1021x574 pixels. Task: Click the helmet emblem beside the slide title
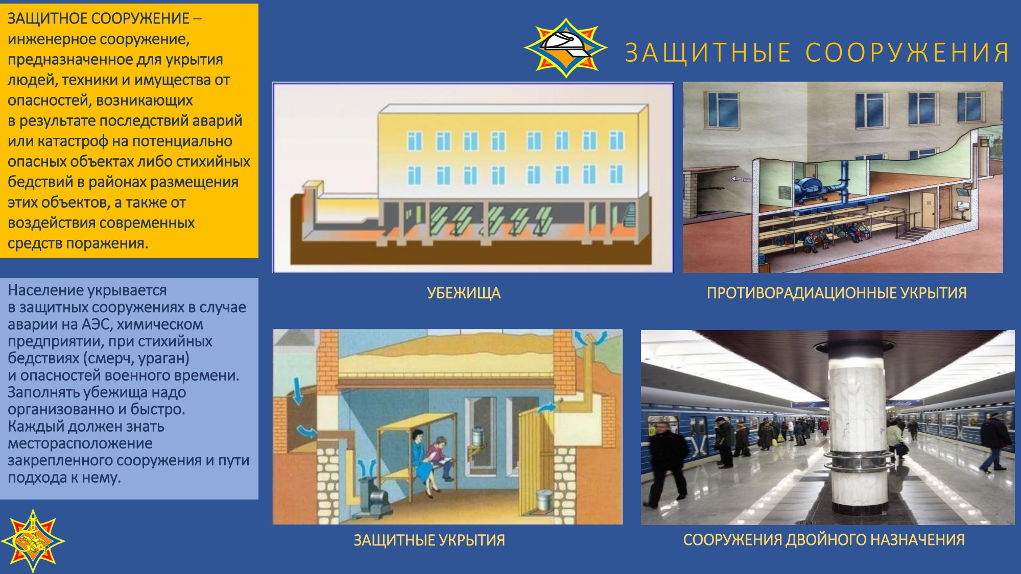coord(566,47)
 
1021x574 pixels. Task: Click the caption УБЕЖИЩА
coord(464,293)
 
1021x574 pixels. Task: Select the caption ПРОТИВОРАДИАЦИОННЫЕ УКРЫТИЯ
coord(837,293)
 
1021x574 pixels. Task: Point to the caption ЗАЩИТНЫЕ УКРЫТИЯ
coord(429,540)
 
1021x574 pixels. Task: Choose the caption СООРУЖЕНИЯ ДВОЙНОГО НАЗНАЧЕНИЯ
coord(824,540)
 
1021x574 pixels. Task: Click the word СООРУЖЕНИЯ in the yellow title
coord(908,53)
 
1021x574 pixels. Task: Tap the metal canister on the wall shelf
coord(478,438)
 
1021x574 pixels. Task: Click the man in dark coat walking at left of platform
coord(665,464)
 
